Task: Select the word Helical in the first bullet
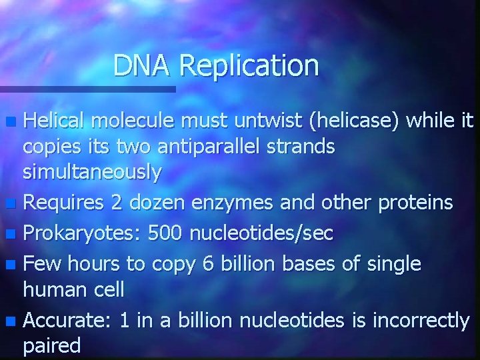(55, 121)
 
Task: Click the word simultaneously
(92, 173)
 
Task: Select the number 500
(166, 233)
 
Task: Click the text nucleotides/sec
(261, 233)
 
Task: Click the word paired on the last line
(52, 346)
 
